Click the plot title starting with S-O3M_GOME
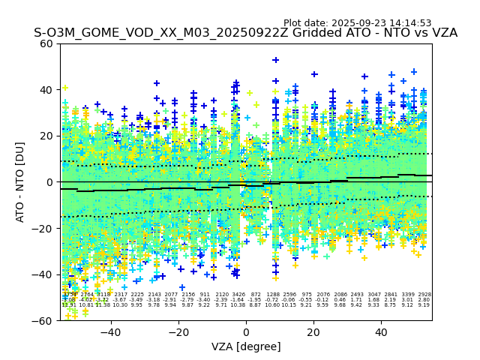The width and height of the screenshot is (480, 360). pyautogui.click(x=245, y=33)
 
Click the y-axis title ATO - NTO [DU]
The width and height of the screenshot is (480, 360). pyautogui.click(x=21, y=182)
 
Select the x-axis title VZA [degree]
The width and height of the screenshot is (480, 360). pyautogui.click(x=245, y=346)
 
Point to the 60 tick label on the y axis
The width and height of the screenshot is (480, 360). pyautogui.click(x=46, y=43)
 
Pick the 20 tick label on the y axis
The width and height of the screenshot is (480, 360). pyautogui.click(x=46, y=136)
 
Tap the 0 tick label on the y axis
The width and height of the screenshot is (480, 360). pyautogui.click(x=49, y=182)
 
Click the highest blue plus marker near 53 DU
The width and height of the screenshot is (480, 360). pyautogui.click(x=275, y=60)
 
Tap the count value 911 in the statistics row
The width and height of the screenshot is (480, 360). pyautogui.click(x=205, y=295)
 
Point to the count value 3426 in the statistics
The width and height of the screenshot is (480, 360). pyautogui.click(x=238, y=295)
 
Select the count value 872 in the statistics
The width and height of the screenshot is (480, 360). pyautogui.click(x=256, y=295)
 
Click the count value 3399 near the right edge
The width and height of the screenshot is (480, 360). pyautogui.click(x=407, y=295)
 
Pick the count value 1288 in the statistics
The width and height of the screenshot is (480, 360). pyautogui.click(x=273, y=295)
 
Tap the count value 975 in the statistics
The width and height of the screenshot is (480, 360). pyautogui.click(x=306, y=295)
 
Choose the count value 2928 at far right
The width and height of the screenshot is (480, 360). pyautogui.click(x=424, y=295)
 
